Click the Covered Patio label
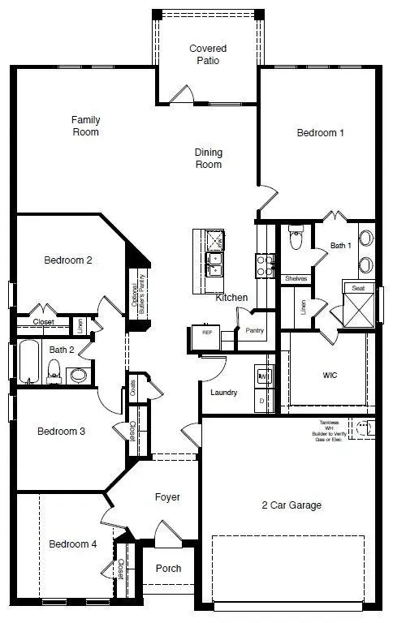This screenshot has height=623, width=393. pos(208,54)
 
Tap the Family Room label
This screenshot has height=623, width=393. pos(85,126)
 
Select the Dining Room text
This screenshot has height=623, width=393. pos(208,158)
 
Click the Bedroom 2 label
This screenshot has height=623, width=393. pos(67,260)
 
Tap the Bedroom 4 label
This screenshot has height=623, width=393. pos(72,544)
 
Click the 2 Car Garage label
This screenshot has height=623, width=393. pos(292,505)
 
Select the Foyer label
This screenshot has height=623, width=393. pos(166,496)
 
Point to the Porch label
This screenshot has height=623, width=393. pos(168,568)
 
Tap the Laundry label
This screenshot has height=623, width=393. pos(223,393)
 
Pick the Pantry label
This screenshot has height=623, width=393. pos(255,330)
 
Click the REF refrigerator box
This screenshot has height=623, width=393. pos(207,332)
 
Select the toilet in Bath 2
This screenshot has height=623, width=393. pos(55,372)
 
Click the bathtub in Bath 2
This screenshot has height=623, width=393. pos(29,363)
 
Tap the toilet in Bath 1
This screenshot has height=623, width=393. pos(296,239)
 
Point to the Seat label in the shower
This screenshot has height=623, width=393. pos(358,288)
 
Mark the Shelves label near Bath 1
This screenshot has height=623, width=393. pos(296,278)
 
